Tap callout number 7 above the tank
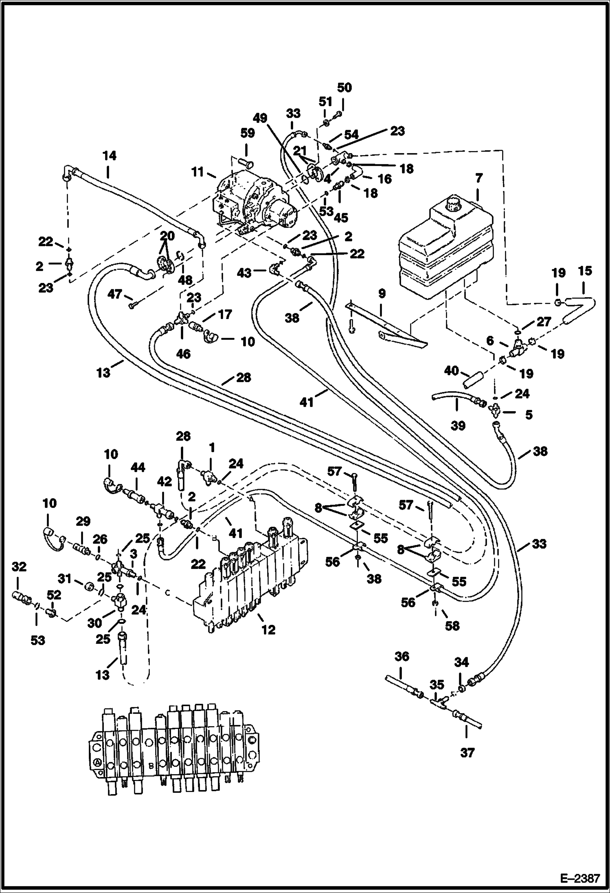click(478, 178)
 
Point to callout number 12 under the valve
click(268, 629)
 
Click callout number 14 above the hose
click(109, 155)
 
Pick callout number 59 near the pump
click(248, 133)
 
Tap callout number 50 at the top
click(344, 88)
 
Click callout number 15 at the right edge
click(585, 271)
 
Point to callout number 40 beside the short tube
click(452, 371)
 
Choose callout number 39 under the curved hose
click(458, 426)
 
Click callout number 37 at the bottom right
click(467, 753)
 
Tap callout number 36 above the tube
click(402, 656)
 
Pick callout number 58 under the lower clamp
click(452, 626)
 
